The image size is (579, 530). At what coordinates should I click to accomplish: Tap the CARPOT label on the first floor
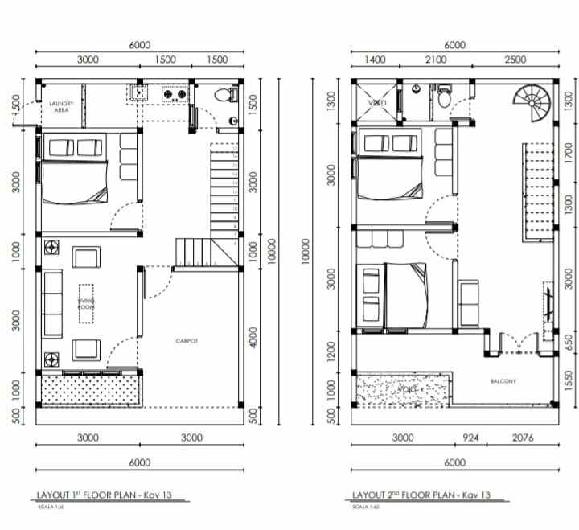pyautogui.click(x=187, y=341)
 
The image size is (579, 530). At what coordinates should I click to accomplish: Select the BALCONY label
pyautogui.click(x=503, y=381)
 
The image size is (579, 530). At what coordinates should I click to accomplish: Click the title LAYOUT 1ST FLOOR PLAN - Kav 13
pyautogui.click(x=104, y=495)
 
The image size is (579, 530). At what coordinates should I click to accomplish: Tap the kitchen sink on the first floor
pyautogui.click(x=139, y=94)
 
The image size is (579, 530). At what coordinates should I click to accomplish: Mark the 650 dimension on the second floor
pyautogui.click(x=569, y=341)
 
